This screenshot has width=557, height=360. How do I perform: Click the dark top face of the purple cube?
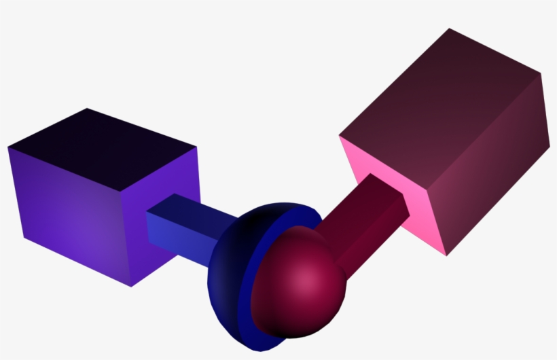(x=102, y=146)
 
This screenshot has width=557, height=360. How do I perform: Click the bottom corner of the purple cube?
(x=130, y=286)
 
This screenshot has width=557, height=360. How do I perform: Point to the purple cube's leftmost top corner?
(x=8, y=146)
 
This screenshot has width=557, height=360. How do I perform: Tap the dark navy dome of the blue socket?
(x=231, y=265)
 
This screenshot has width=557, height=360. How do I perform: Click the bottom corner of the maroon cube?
(x=446, y=256)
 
